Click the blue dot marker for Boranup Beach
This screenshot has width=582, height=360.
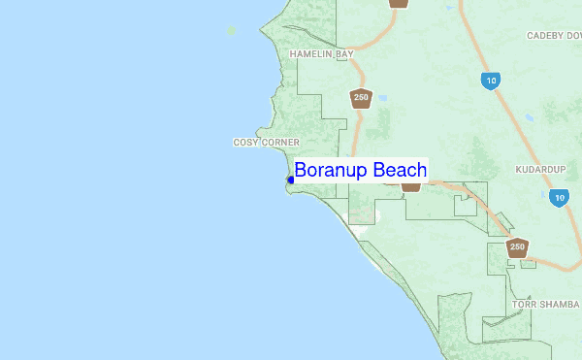click(x=290, y=180)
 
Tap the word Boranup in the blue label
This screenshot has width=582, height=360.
click(x=333, y=171)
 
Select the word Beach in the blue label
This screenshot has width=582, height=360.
click(x=400, y=171)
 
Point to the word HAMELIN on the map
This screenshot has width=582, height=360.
click(x=310, y=54)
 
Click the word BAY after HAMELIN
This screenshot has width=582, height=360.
click(x=344, y=54)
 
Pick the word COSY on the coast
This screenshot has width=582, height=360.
click(x=244, y=142)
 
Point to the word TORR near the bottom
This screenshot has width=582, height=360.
click(x=523, y=304)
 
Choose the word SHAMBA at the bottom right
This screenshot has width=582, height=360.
click(x=559, y=304)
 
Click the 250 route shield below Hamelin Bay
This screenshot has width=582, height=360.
click(x=361, y=97)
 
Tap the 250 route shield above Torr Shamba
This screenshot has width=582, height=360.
click(x=518, y=247)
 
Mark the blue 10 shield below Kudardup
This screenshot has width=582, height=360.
click(x=558, y=197)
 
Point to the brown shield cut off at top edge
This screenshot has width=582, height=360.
click(x=398, y=3)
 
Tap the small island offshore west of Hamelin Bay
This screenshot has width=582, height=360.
click(x=231, y=30)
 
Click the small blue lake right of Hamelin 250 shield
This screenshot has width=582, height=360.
click(x=382, y=98)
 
